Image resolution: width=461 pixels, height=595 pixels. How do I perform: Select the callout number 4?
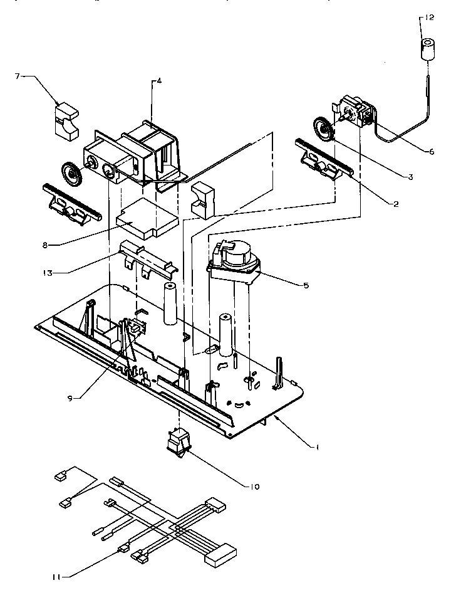point(159,81)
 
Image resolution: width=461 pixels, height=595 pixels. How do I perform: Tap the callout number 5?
point(305,286)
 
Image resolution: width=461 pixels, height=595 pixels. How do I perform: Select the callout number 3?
point(410,177)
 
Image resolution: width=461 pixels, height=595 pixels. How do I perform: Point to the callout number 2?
point(396,204)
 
